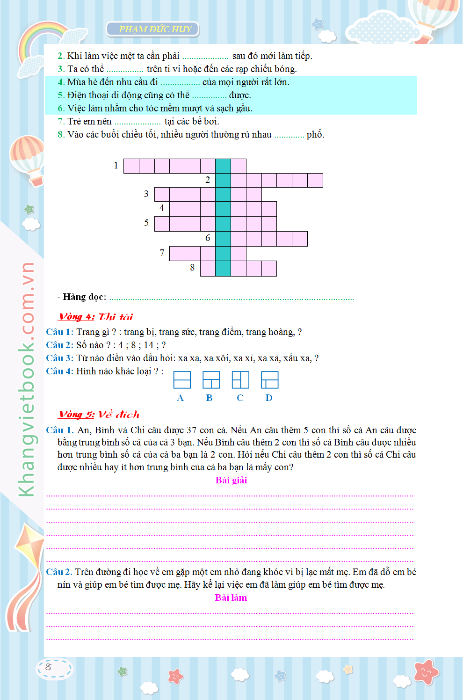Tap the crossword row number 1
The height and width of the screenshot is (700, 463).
[116, 165]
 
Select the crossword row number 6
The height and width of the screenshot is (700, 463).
[208, 238]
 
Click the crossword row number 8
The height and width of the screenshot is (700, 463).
[192, 268]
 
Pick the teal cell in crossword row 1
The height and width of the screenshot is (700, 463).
[223, 166]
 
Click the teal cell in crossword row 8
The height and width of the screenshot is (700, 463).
[223, 269]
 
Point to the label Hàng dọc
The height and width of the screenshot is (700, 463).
[84, 297]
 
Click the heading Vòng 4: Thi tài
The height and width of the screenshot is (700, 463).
[96, 317]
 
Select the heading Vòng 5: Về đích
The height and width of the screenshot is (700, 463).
[99, 415]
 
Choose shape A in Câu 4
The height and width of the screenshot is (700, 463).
[182, 380]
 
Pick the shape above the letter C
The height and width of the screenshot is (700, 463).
[240, 380]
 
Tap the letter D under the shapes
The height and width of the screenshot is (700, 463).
[269, 398]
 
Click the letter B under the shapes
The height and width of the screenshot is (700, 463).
[209, 398]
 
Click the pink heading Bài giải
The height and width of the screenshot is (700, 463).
[231, 481]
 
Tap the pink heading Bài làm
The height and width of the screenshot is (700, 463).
[231, 598]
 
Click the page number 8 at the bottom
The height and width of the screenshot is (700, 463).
[48, 667]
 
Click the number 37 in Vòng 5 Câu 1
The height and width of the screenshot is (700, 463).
[192, 430]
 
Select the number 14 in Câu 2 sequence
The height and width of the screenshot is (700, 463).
[149, 345]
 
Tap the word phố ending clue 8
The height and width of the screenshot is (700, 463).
[316, 135]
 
